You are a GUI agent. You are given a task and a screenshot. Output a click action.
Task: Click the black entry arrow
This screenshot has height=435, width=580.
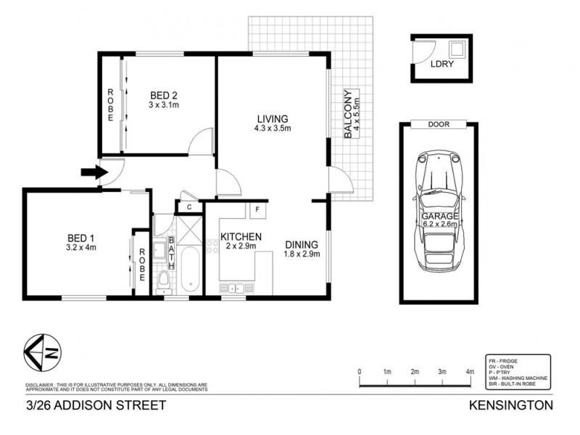point(91,172)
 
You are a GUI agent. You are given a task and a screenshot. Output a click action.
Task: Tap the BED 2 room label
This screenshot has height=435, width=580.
point(164,96)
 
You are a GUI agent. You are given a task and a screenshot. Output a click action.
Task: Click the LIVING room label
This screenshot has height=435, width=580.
point(272,120)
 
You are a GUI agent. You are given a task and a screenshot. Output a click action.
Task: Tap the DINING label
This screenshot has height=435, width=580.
point(301,244)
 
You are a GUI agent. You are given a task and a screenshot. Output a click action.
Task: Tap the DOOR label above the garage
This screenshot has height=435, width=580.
point(438,125)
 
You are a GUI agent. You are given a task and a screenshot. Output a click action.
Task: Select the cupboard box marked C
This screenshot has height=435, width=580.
point(188,207)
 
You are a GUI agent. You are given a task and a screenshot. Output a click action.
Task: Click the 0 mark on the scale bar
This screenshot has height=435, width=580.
point(360,372)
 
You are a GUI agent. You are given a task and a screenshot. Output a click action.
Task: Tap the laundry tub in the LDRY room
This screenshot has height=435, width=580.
point(457,50)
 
